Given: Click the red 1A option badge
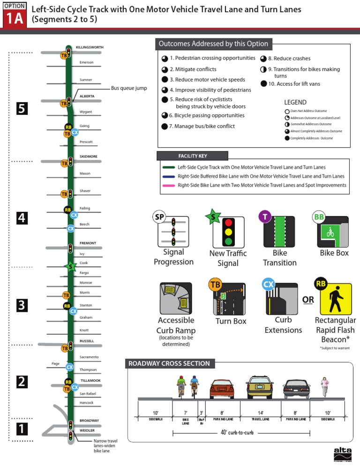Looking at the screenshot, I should click(14, 17).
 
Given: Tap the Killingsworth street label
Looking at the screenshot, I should click(90, 47).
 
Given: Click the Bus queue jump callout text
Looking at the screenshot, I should click(129, 88).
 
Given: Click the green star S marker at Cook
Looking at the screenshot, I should click(70, 267).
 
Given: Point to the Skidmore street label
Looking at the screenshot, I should click(88, 156).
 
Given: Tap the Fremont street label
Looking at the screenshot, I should click(88, 243).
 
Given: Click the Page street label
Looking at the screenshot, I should click(55, 364).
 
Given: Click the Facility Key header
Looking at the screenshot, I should click(193, 156).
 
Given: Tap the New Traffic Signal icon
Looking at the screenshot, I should click(228, 232).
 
